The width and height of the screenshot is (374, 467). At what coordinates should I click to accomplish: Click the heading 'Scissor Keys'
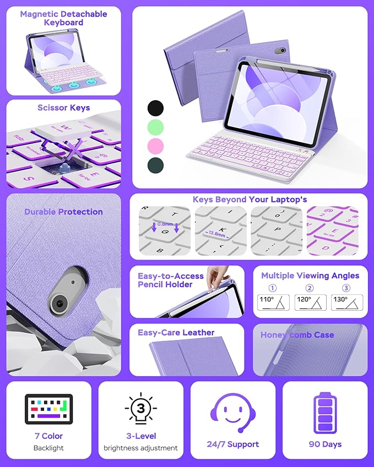click(63, 108)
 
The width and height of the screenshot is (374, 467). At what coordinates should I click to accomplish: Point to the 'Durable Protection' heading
click(63, 212)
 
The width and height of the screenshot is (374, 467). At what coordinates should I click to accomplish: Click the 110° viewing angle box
click(274, 303)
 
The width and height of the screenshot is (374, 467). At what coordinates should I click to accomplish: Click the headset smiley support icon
click(233, 413)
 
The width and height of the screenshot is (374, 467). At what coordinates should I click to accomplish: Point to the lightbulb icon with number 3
click(140, 410)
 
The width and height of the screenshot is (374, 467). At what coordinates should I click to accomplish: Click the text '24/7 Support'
click(234, 444)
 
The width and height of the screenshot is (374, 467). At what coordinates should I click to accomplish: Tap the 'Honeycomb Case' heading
click(297, 334)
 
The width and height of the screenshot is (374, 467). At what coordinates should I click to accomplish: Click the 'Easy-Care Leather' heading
click(176, 332)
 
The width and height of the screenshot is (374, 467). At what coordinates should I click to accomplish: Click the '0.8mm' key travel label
click(164, 224)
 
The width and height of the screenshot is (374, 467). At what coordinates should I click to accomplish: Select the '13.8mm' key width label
click(218, 233)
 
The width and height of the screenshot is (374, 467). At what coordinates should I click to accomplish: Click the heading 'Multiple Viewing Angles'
click(310, 276)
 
